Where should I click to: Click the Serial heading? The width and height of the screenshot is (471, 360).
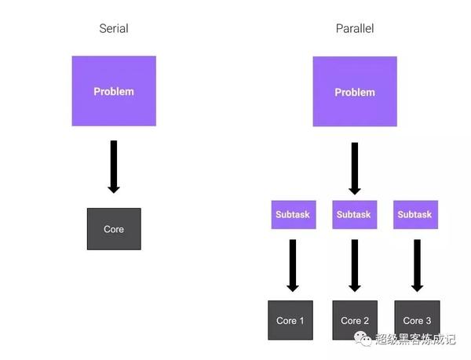[x=114, y=28]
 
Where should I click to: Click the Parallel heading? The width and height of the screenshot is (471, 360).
[x=355, y=28]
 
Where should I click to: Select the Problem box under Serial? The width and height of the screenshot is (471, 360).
[x=114, y=91]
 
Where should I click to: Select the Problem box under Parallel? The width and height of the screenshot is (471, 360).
[x=355, y=92]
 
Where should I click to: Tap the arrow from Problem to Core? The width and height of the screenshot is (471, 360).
[x=114, y=167]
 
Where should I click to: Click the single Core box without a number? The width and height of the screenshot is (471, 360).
[x=114, y=229]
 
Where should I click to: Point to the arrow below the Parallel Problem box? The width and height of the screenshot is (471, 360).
[x=355, y=169]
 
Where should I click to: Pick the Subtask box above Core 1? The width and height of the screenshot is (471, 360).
[x=294, y=214]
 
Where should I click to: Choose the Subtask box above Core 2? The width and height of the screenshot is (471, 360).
[x=355, y=214]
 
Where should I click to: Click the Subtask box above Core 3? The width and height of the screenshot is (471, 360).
[x=415, y=214]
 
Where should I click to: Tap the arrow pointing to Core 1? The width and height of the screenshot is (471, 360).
[x=293, y=266]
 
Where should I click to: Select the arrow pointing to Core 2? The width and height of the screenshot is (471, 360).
[x=355, y=266]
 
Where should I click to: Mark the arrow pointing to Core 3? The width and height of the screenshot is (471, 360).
[x=417, y=266]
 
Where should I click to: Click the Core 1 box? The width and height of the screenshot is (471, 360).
[x=290, y=320]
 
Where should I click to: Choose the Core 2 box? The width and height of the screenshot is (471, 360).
[x=355, y=320]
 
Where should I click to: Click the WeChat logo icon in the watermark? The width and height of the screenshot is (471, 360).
[x=363, y=339]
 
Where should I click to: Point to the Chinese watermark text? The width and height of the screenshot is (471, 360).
[x=415, y=340]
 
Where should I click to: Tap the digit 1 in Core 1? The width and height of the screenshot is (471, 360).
[x=301, y=321]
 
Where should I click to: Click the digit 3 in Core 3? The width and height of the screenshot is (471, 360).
[x=429, y=321]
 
